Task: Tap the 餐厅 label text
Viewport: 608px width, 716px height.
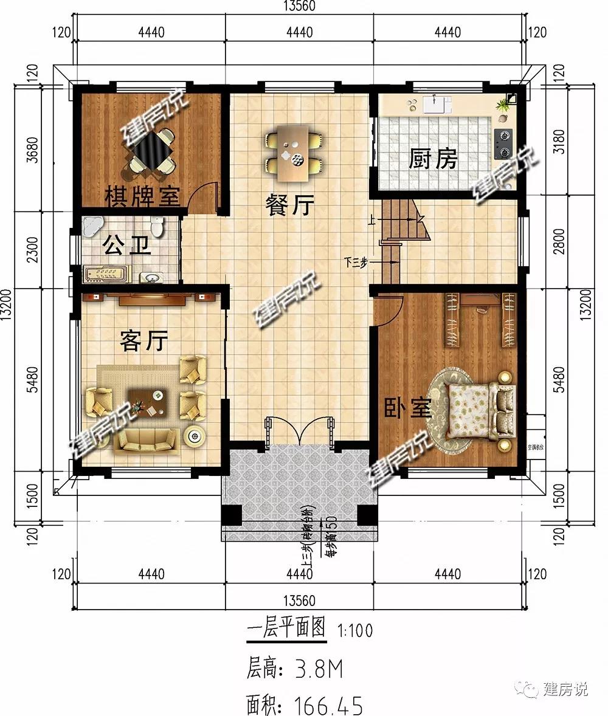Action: pyautogui.click(x=289, y=206)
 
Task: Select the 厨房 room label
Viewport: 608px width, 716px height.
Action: pyautogui.click(x=432, y=160)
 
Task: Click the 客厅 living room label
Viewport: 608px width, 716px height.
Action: pyautogui.click(x=143, y=342)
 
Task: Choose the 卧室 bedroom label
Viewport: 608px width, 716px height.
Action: pyautogui.click(x=407, y=409)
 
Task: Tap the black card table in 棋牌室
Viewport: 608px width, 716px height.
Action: pyautogui.click(x=150, y=150)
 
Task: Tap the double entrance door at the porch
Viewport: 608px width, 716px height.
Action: pyautogui.click(x=299, y=434)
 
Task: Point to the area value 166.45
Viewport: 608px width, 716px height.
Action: pyautogui.click(x=328, y=706)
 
